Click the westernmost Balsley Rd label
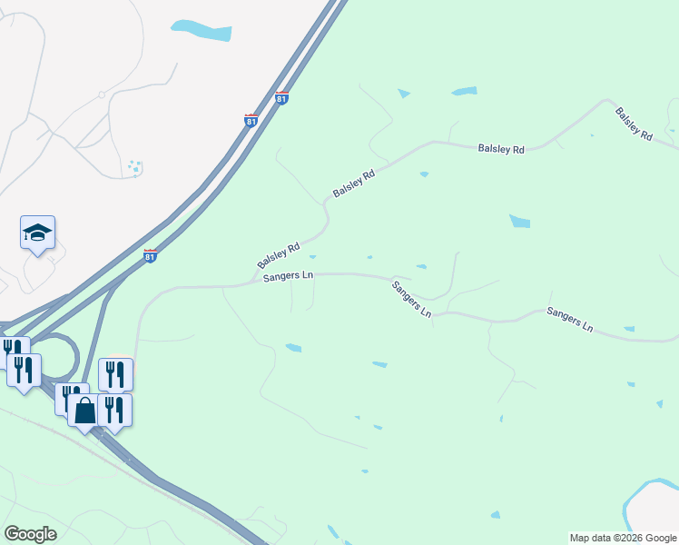[279, 254]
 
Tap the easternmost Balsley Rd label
[634, 124]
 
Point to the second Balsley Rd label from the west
[354, 184]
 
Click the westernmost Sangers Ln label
[288, 277]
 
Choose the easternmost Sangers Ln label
[569, 319]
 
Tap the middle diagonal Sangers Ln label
[411, 298]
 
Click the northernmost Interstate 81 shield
[281, 98]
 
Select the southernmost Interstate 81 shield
[152, 256]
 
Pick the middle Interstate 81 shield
[251, 120]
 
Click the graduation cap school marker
[38, 233]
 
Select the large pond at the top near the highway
[201, 30]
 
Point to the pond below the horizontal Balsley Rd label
[520, 221]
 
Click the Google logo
[30, 534]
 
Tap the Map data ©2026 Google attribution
[623, 538]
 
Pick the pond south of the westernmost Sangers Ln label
[293, 347]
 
